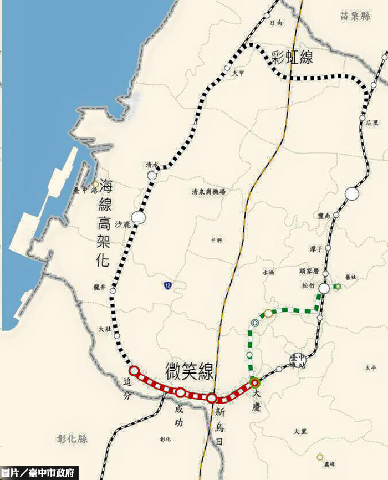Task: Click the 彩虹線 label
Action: pyautogui.click(x=292, y=57)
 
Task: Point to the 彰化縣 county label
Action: pyautogui.click(x=72, y=439)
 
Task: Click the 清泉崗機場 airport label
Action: pyautogui.click(x=208, y=192)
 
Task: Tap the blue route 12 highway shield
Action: pyautogui.click(x=167, y=285)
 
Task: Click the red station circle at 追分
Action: pyautogui.click(x=133, y=370)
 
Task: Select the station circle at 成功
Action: pyautogui.click(x=181, y=392)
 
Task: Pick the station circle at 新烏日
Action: pyautogui.click(x=212, y=397)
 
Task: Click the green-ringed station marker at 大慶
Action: pyautogui.click(x=254, y=382)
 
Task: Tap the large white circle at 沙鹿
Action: pyautogui.click(x=139, y=218)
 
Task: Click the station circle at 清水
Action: pyautogui.click(x=152, y=176)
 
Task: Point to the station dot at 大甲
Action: pyautogui.click(x=227, y=68)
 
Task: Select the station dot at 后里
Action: pyautogui.click(x=362, y=118)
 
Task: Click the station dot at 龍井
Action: pyautogui.click(x=113, y=290)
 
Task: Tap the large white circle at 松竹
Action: pyautogui.click(x=324, y=288)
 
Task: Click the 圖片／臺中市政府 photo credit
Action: pyautogui.click(x=38, y=473)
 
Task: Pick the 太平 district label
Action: pyautogui.click(x=370, y=367)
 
